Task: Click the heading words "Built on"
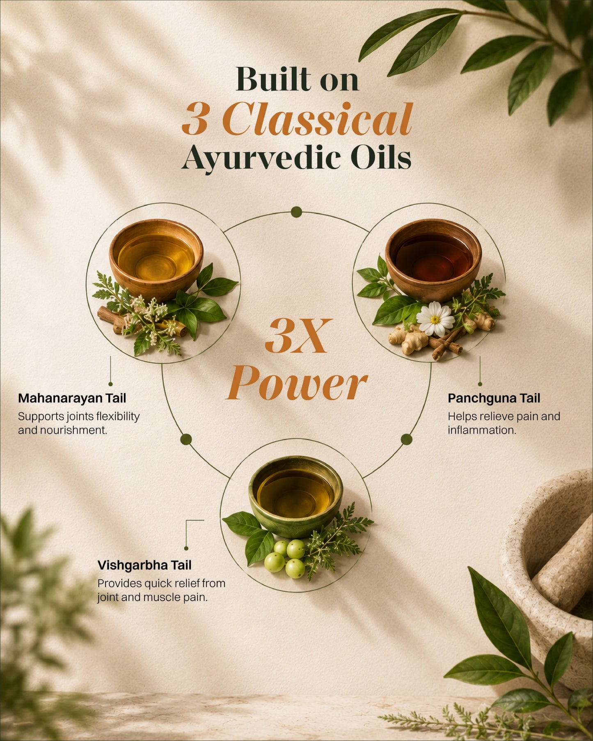tap(298, 79)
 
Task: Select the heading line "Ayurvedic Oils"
tap(297, 158)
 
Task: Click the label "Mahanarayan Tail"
tap(72, 398)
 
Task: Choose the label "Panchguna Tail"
tap(494, 398)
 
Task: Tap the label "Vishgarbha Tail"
tap(144, 565)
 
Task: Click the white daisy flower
tap(435, 319)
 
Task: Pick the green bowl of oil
tap(295, 496)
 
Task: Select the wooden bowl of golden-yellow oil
tap(156, 259)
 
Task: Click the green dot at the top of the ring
tap(296, 212)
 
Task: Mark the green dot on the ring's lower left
tap(186, 439)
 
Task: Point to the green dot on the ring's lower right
tap(406, 439)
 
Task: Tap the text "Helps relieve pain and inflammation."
tap(504, 423)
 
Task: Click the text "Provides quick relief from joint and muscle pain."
tap(161, 590)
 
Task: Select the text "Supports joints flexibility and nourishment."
tap(79, 423)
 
